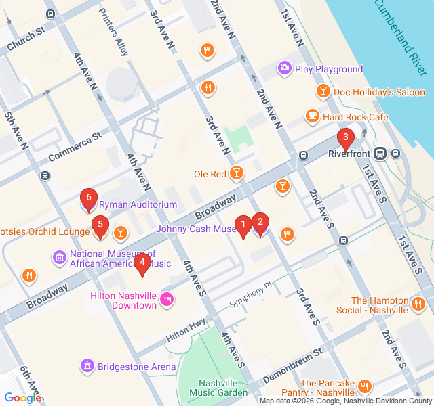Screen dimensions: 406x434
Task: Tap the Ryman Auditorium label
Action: (138, 204)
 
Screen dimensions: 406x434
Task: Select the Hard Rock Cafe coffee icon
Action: (312, 117)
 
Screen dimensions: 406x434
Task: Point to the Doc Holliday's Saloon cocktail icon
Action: (323, 91)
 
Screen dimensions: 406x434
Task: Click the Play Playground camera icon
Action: (284, 68)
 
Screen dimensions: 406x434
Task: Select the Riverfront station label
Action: (351, 154)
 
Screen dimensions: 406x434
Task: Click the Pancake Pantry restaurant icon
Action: (364, 386)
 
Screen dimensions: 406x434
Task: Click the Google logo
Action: (22, 398)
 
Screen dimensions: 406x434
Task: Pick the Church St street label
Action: (26, 40)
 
